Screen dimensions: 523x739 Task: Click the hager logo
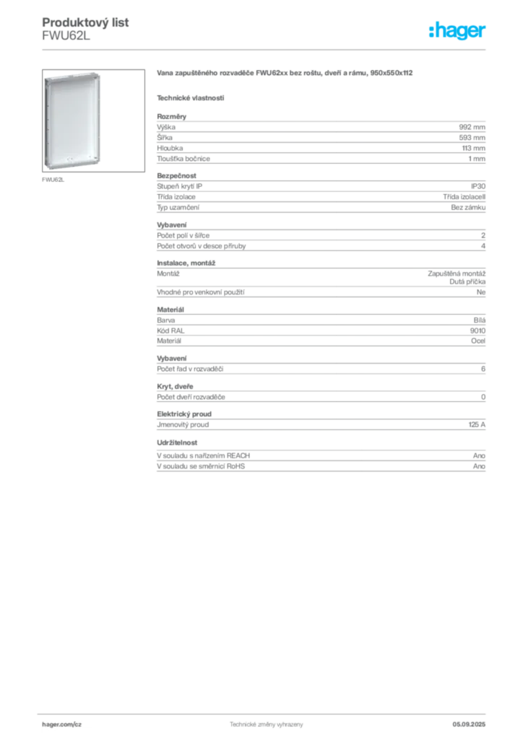point(457,30)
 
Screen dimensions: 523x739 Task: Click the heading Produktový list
point(85,22)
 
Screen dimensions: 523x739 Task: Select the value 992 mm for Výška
point(472,127)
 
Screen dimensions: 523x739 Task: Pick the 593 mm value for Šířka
point(472,138)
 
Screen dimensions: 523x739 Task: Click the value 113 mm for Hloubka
point(473,148)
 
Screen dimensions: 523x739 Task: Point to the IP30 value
point(478,186)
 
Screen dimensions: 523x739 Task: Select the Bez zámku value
point(468,207)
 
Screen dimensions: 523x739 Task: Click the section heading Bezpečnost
point(176,176)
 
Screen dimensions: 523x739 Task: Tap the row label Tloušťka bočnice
point(183,159)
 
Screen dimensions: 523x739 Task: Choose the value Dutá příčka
point(467,281)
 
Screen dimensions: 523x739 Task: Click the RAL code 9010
point(477,331)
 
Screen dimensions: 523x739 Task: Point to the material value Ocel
point(478,341)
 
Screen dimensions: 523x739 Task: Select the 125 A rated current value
point(477,424)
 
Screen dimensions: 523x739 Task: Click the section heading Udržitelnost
point(177,442)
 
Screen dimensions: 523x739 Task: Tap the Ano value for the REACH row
point(479,456)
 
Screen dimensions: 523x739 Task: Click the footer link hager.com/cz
point(62,725)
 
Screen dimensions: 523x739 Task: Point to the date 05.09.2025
point(469,725)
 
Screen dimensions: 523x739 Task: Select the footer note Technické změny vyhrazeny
point(267,725)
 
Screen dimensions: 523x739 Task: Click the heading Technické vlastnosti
point(191,98)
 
